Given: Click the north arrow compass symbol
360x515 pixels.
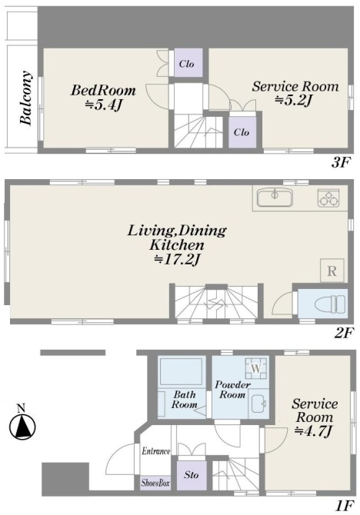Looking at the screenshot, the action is click(x=22, y=426).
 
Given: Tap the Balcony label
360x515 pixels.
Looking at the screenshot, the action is click(x=26, y=98).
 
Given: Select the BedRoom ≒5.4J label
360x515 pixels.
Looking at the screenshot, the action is click(x=103, y=97).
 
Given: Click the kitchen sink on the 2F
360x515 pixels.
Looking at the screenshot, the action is click(x=275, y=198).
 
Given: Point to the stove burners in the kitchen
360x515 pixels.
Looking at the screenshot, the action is click(x=328, y=198).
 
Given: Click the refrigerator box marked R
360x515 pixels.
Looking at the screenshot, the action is click(x=332, y=271).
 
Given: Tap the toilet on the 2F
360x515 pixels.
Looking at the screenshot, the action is click(x=330, y=303).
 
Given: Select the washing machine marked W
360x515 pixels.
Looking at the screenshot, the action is click(x=256, y=368).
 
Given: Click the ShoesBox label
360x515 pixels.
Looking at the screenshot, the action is click(x=155, y=483).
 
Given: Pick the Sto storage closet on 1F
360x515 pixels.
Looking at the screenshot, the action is click(x=192, y=475).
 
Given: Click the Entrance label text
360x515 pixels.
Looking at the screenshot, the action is click(x=156, y=451).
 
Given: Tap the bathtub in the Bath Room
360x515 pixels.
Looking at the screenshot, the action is click(x=181, y=371).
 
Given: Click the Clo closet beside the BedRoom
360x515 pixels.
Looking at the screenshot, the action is click(x=188, y=63).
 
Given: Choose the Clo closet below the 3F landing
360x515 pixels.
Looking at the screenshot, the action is click(x=242, y=132).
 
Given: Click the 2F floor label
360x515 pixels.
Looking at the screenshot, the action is click(x=344, y=333).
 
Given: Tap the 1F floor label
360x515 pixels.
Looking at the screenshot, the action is click(x=345, y=506).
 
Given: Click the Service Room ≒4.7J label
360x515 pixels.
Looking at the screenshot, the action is click(x=314, y=418).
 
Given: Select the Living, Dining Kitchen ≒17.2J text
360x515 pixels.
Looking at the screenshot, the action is click(x=177, y=245).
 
